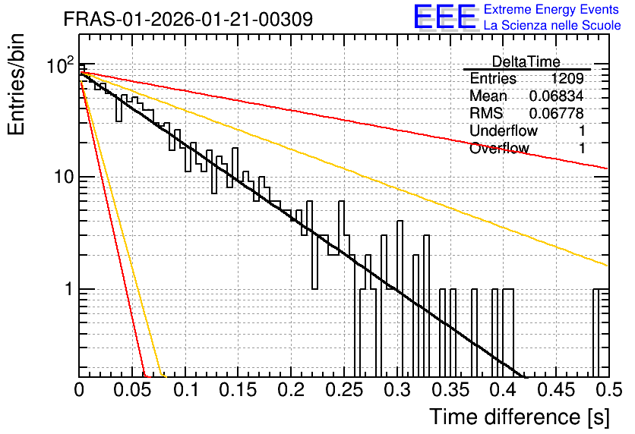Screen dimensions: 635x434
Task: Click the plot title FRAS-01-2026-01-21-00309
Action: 188,19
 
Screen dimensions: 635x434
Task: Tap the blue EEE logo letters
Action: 445,17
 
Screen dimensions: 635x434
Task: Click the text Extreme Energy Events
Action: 551,9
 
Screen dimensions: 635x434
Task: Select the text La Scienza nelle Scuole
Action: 552,25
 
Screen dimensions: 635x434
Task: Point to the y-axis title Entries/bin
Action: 16,84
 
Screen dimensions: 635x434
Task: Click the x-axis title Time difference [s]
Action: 520,417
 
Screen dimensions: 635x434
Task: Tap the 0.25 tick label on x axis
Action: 344,390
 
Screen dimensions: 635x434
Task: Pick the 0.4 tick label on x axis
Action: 504,390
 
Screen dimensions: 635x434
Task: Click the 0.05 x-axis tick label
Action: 132,390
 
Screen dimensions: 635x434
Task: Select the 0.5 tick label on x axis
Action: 608,390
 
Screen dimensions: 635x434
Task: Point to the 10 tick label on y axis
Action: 64,177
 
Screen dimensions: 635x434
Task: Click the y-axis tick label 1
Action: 69,289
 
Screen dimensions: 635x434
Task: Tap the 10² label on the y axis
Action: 61,64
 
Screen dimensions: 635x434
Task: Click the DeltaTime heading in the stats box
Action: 526,61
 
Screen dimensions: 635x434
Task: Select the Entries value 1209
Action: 567,78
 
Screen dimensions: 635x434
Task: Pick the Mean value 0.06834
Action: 557,96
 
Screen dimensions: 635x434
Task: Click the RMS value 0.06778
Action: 557,113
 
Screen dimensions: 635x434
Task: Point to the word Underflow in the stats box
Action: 504,131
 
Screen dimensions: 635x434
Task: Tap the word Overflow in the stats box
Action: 499,148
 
